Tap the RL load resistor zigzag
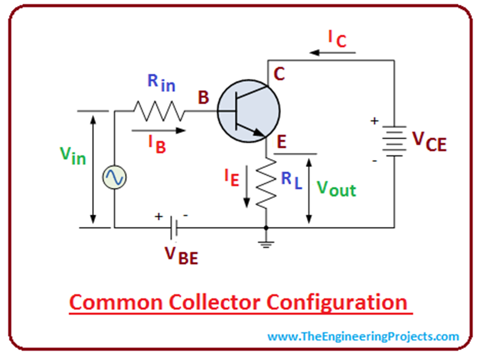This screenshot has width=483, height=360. coord(266,184)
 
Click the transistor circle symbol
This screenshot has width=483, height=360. coord(249,111)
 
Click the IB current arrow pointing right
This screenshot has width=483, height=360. coord(158,131)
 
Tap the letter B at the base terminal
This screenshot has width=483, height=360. coord(203,98)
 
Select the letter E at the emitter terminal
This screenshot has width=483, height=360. coord(282,142)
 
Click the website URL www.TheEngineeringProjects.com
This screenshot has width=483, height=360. coord(363,336)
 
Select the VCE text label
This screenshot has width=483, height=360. coord(429,141)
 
